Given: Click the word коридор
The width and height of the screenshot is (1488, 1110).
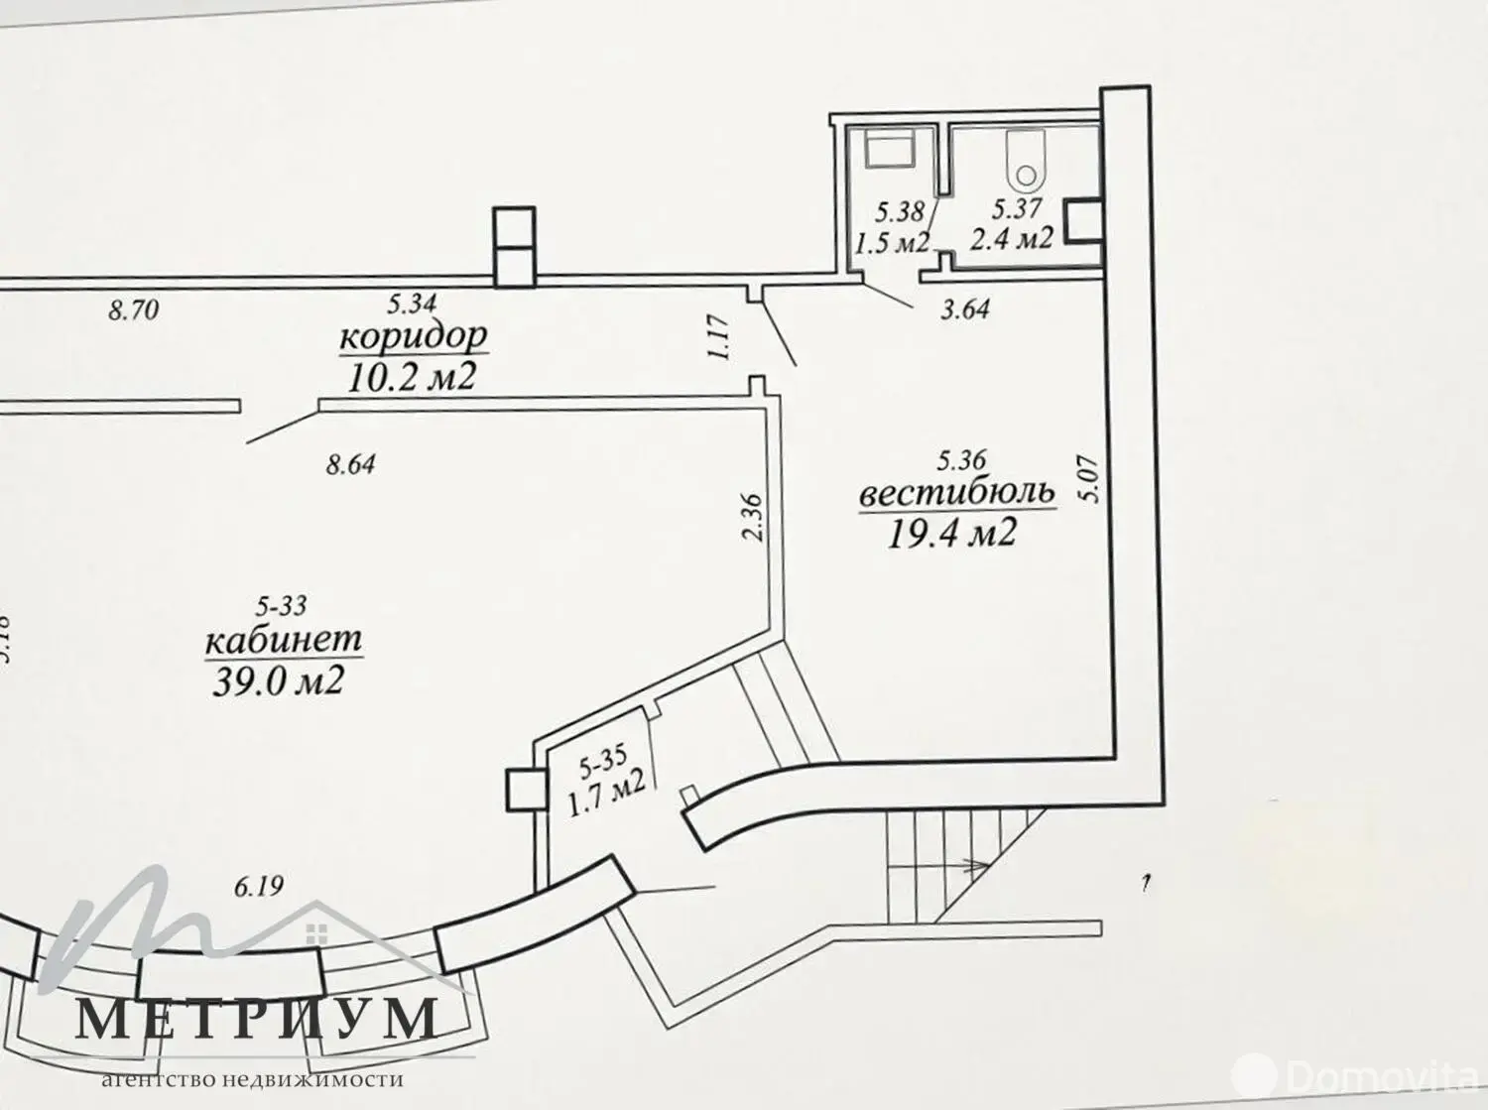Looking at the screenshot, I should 413,337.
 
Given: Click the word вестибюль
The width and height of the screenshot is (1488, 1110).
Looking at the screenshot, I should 957,495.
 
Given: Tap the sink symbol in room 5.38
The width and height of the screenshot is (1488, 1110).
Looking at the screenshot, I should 891,152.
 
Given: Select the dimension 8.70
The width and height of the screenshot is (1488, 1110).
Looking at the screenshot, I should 133,310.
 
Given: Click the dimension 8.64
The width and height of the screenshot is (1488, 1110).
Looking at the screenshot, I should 350,463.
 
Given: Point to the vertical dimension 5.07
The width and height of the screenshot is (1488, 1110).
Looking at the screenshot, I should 1092,479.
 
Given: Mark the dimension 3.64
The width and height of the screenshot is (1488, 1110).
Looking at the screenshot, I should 964,309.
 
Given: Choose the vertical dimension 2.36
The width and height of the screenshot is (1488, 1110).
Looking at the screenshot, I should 751,516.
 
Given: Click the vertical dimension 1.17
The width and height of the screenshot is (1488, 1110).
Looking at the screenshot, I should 721,337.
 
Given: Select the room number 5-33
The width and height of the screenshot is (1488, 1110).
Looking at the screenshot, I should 282,604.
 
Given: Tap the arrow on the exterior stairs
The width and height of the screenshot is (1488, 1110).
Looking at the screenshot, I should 971,865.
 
